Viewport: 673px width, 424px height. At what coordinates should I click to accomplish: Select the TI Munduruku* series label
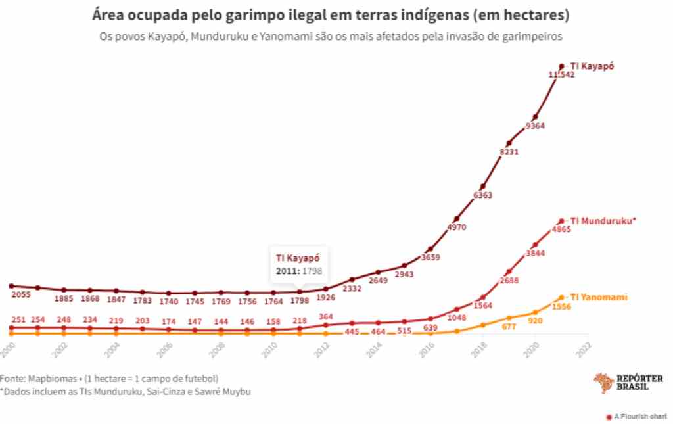[x=603, y=221]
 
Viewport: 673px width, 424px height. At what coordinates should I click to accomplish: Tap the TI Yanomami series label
[x=598, y=297]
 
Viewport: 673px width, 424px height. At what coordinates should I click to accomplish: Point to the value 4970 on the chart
[x=456, y=227]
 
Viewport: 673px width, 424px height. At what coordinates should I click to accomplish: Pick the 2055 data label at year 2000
[x=22, y=295]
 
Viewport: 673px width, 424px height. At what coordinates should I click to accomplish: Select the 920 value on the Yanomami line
[x=534, y=321]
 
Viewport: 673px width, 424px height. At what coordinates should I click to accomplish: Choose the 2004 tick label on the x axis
[x=113, y=349]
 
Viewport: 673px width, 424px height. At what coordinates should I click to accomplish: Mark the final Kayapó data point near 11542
[x=561, y=66]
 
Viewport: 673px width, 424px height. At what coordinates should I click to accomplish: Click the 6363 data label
[x=482, y=195]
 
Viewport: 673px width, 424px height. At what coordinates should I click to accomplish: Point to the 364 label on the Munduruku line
[x=325, y=317]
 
